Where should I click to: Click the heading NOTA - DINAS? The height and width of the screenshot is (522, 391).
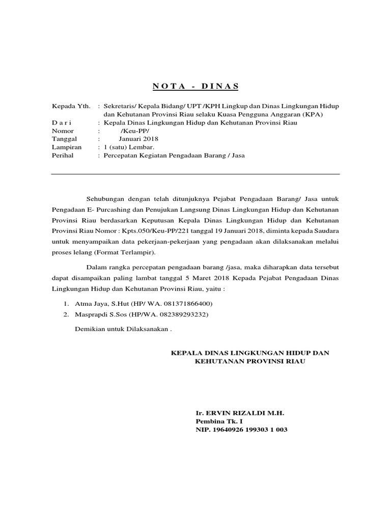(195, 86)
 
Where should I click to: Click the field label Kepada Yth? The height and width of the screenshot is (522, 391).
(71, 106)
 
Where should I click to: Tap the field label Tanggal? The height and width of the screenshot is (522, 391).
(65, 139)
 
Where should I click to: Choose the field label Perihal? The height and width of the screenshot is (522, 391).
(63, 155)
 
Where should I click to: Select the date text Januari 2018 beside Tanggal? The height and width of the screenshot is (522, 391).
(139, 139)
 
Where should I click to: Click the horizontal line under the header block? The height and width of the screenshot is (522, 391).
(195, 174)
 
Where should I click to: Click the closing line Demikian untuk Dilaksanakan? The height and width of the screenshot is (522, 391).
(123, 329)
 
